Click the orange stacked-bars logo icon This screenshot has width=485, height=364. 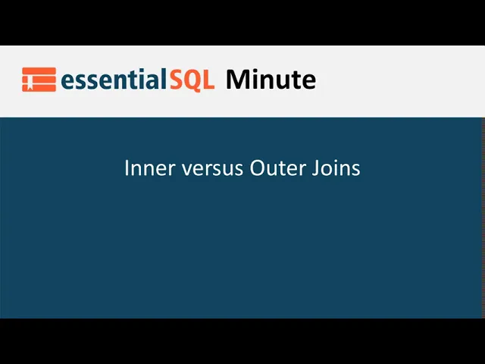pyautogui.click(x=39, y=80)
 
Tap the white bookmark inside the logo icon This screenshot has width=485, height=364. pyautogui.click(x=30, y=83)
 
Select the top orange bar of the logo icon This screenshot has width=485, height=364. pyautogui.click(x=39, y=71)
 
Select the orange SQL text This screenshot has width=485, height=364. pyautogui.click(x=192, y=80)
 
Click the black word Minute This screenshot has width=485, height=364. pyautogui.click(x=271, y=79)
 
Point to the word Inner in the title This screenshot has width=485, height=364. pyautogui.click(x=149, y=168)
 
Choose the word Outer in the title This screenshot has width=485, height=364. pyautogui.click(x=278, y=168)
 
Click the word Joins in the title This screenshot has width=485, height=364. pyautogui.click(x=336, y=168)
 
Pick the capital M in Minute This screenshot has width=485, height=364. pyautogui.click(x=239, y=80)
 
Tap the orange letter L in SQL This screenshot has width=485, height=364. pyautogui.click(x=209, y=80)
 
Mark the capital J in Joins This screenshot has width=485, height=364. pyautogui.click(x=315, y=168)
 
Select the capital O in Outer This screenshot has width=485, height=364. pyautogui.click(x=257, y=168)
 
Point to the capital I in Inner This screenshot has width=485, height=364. pyautogui.click(x=127, y=168)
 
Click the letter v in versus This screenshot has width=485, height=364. pyautogui.click(x=187, y=170)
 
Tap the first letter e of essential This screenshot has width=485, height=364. pyautogui.click(x=67, y=82)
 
